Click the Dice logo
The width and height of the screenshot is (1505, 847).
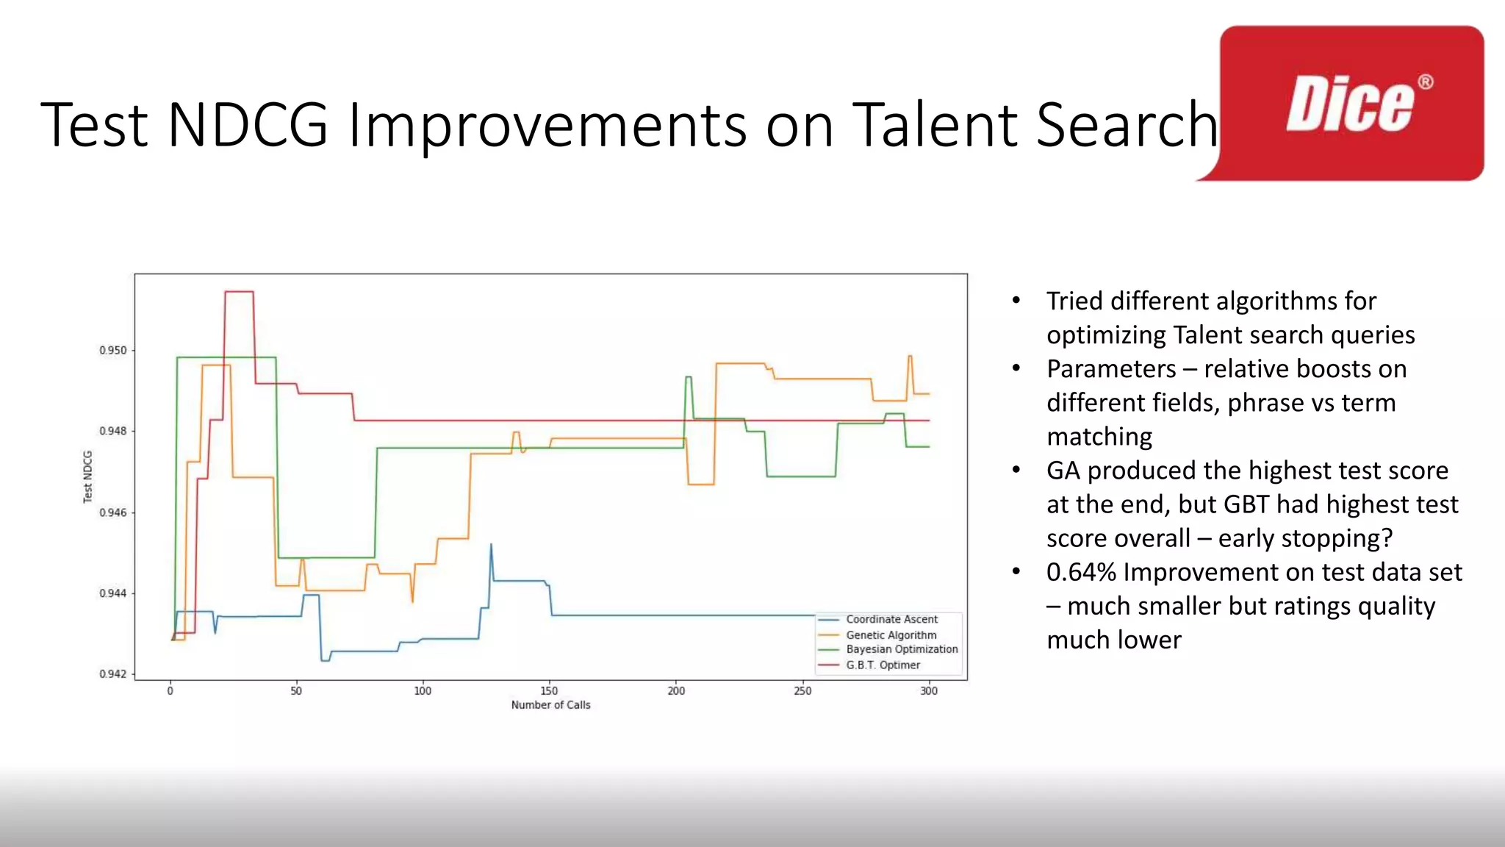click(x=1351, y=104)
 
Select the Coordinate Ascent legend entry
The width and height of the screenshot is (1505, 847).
click(x=891, y=620)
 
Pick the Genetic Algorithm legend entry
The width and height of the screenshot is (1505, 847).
click(x=891, y=635)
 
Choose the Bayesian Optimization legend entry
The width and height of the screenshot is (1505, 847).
click(x=901, y=649)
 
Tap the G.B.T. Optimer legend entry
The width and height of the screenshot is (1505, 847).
click(x=883, y=665)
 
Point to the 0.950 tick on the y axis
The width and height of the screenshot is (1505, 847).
click(x=113, y=351)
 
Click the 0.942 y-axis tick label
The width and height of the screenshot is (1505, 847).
click(x=113, y=674)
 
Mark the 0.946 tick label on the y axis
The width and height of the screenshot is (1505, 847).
click(x=113, y=512)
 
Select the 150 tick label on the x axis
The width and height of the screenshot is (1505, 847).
click(x=549, y=691)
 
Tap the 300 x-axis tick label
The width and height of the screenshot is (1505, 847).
click(x=929, y=691)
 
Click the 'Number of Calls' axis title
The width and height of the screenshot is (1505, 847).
click(x=550, y=705)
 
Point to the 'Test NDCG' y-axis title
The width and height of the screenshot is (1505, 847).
click(x=88, y=476)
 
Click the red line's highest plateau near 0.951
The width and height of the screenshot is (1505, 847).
click(x=239, y=292)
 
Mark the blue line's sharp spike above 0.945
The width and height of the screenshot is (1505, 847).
click(x=491, y=545)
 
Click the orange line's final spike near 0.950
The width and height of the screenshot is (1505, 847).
click(x=910, y=357)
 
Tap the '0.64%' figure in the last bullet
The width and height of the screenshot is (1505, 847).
click(x=1081, y=572)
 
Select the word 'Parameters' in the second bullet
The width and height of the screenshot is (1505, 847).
click(x=1111, y=369)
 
